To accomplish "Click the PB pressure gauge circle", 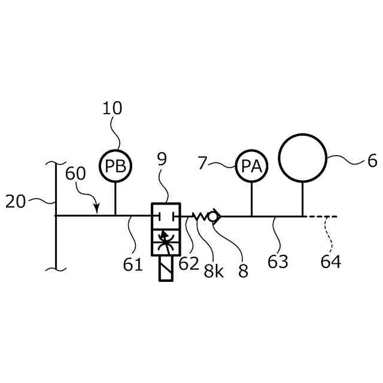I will point(115,166).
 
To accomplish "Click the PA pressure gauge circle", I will point(251,166).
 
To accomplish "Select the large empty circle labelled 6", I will point(302,158).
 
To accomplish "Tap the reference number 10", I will point(112,108).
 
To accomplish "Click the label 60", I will point(75,174).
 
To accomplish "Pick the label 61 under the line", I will point(133,263).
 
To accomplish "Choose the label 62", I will point(189,263).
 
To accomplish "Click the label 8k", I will point(214,271).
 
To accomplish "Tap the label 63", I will point(278,262).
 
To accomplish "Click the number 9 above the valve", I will point(162,159).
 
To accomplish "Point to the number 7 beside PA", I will point(202,162).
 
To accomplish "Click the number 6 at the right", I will point(372,160).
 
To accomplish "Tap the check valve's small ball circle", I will point(213,216).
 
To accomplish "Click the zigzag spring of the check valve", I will point(200,216).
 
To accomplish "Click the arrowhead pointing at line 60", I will point(96,209).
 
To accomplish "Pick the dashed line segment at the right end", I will point(321,216).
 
